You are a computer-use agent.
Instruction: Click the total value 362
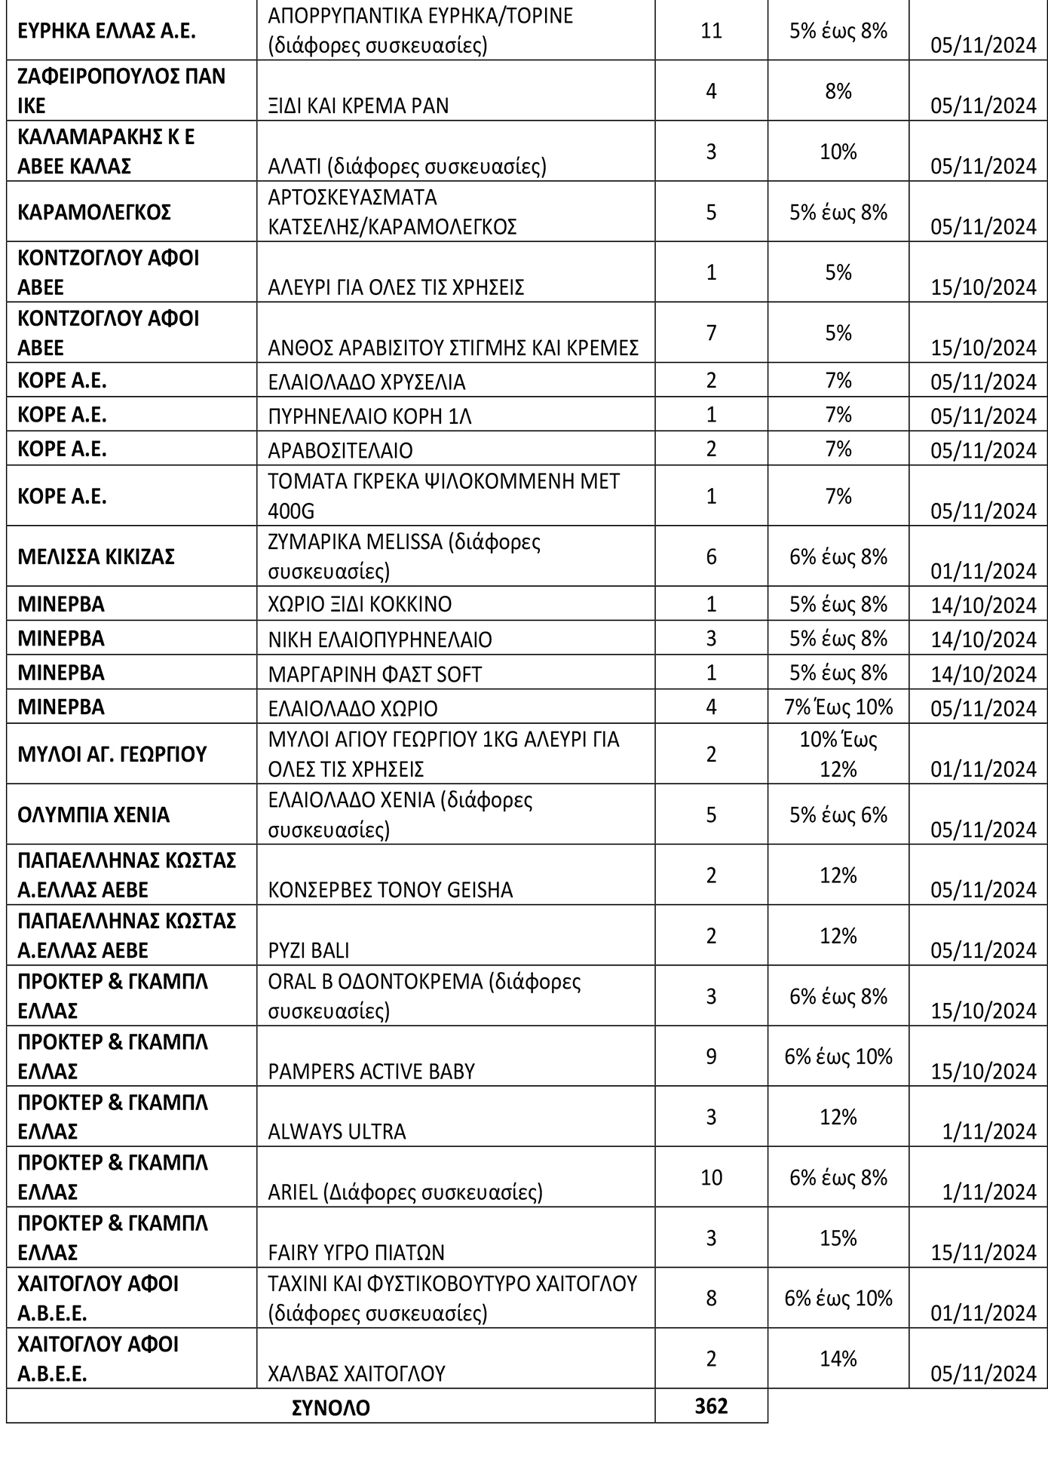[711, 1406]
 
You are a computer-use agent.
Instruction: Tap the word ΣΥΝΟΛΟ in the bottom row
[331, 1407]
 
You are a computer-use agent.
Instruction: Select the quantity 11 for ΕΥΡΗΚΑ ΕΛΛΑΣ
[711, 31]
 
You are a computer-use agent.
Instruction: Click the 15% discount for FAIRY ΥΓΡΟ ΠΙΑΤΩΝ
[838, 1238]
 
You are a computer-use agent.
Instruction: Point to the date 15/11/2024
[983, 1252]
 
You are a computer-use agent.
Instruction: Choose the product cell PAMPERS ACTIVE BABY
[371, 1071]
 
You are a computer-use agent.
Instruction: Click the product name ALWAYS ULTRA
[336, 1131]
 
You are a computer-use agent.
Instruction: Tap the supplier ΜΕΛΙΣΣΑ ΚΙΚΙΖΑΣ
[96, 557]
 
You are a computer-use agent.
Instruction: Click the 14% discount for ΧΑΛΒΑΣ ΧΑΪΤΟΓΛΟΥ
[838, 1358]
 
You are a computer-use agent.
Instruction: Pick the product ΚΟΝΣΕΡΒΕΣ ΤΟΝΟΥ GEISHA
[390, 890]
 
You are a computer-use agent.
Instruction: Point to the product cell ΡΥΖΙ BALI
[308, 950]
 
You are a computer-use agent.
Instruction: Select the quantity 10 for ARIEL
[711, 1177]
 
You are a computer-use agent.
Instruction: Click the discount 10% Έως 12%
[838, 754]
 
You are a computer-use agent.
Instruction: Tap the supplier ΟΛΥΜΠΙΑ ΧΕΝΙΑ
[93, 815]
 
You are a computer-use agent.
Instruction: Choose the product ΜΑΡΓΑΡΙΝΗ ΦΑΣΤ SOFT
[375, 674]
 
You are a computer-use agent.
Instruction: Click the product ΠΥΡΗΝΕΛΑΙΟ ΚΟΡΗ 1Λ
[369, 416]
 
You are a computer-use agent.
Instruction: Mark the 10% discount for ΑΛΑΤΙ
[838, 152]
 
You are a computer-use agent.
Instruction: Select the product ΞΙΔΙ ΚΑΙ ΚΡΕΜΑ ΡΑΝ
[358, 106]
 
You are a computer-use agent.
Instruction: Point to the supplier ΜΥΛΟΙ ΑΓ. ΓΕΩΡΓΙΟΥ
[112, 754]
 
